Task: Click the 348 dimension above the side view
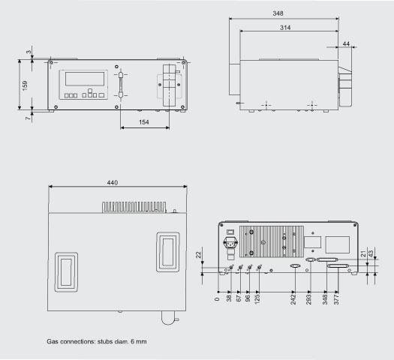pos(278,13)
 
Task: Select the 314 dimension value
pos(285,27)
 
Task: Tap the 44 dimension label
pos(346,44)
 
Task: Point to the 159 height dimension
pos(25,85)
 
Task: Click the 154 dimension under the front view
pos(144,122)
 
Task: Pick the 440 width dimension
pos(113,182)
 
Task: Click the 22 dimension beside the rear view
pos(199,255)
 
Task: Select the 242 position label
pos(293,299)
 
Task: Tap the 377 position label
pos(336,299)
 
